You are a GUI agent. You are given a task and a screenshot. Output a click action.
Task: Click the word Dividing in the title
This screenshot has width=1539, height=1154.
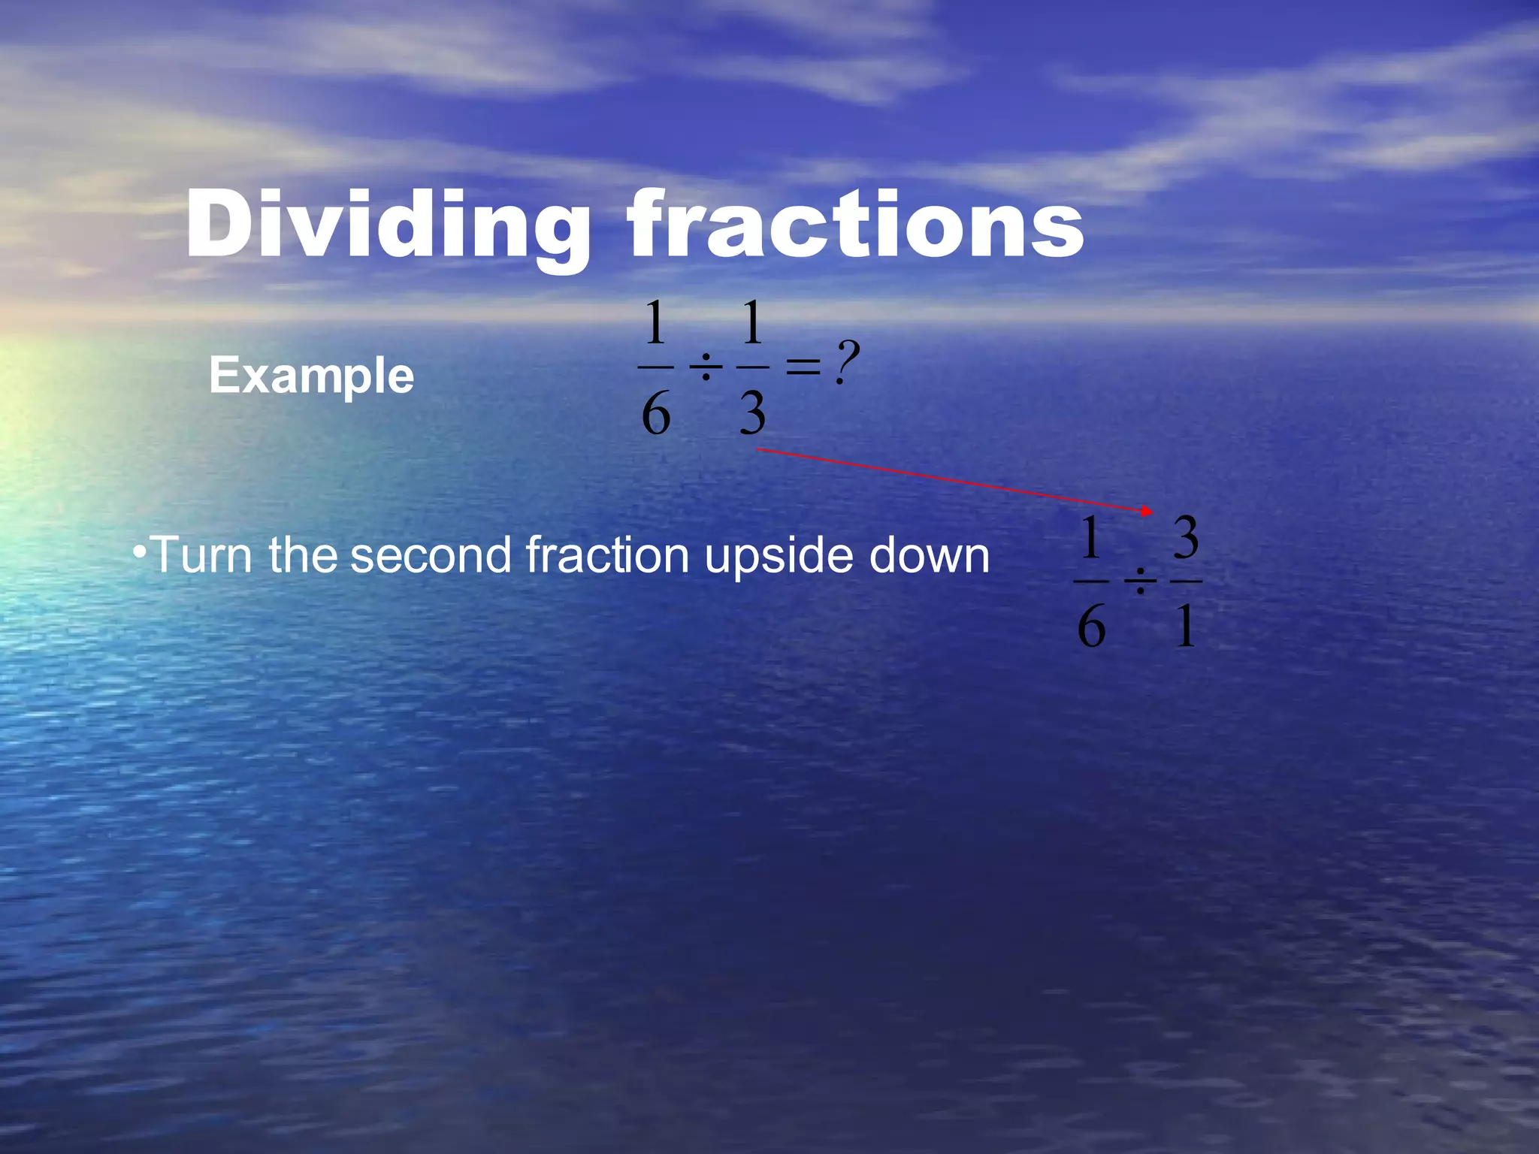388,225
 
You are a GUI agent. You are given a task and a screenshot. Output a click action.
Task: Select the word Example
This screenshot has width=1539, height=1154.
311,376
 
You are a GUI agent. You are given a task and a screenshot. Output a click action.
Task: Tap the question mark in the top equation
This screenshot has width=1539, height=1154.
847,362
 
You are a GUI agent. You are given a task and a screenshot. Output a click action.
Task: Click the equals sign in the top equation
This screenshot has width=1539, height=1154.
803,367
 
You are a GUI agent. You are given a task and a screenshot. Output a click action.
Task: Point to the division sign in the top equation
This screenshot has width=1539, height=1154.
706,368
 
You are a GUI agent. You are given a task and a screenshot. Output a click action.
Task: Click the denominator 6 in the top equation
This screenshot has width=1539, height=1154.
655,414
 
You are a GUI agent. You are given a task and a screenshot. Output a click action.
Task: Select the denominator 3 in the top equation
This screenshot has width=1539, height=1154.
752,414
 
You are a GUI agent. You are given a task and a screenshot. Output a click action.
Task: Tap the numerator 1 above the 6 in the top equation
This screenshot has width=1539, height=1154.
655,322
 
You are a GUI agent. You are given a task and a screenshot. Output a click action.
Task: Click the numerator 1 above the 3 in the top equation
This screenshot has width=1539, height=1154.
752,322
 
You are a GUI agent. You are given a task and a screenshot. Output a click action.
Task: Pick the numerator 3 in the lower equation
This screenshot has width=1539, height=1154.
1186,538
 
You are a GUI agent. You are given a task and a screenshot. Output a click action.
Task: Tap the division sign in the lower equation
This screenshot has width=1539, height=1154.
1140,582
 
